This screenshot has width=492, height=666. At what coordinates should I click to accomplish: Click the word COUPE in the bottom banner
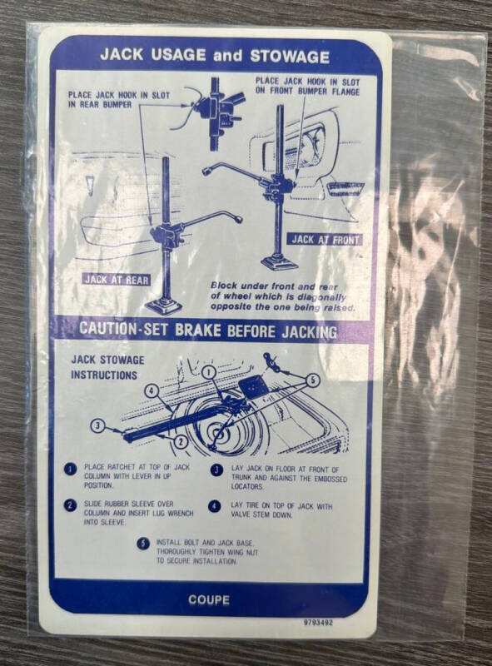(x=209, y=599)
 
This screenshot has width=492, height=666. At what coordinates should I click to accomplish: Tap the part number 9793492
(x=318, y=623)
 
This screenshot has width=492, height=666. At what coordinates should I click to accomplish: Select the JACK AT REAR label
(x=116, y=280)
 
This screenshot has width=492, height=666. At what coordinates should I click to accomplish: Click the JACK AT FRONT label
(x=326, y=240)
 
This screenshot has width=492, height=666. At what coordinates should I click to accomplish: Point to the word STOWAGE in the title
(x=290, y=57)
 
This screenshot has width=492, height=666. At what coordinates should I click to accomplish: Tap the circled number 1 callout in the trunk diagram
(x=209, y=372)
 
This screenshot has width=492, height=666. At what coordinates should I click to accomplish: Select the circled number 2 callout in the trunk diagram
(x=181, y=442)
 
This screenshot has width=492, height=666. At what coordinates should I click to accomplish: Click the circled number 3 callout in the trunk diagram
(x=97, y=425)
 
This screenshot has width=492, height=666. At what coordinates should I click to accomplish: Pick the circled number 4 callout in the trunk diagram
(x=152, y=390)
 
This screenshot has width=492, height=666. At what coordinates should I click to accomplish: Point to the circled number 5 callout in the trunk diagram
(x=313, y=380)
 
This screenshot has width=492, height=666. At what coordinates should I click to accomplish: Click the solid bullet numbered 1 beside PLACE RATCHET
(x=70, y=470)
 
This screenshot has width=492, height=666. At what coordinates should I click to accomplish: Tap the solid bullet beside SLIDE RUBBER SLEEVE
(x=70, y=505)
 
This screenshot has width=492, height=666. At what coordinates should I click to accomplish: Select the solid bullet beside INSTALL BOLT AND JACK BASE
(x=143, y=544)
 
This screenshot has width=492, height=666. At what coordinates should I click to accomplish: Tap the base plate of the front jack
(x=279, y=262)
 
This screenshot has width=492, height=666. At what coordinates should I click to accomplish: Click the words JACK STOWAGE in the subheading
(x=108, y=360)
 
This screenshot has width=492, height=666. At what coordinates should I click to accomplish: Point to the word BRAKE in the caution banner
(x=196, y=330)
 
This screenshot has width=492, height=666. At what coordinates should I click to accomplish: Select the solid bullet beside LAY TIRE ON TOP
(x=215, y=506)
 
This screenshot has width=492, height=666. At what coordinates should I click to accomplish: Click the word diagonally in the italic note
(x=321, y=297)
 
